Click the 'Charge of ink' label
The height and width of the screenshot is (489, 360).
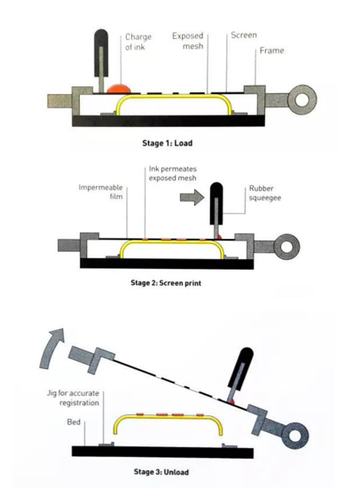coord(138,42)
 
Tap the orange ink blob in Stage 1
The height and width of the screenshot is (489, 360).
coord(119,88)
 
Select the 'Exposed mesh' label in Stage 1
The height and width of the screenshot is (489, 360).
coord(188,41)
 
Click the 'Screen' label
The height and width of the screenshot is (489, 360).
coord(244,35)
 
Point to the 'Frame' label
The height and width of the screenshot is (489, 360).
coord(272,51)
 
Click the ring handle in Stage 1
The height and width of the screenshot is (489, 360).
coord(302,100)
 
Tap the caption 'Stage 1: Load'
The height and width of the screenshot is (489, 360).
coord(167,143)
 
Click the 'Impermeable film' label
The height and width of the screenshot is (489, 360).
coord(101,192)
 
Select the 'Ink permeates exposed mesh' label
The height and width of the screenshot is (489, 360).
coord(173,173)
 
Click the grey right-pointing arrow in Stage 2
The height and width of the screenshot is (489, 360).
coord(192,197)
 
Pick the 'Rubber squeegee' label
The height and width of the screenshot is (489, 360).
coord(265,193)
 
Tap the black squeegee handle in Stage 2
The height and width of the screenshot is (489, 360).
coord(216,203)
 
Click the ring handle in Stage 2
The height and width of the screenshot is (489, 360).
coord(286,247)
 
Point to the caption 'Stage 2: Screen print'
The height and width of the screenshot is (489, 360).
coord(166,283)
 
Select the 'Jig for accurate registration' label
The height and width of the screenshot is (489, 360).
coord(73,398)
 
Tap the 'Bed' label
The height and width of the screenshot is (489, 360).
coord(74,422)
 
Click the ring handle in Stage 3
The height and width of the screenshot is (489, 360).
coord(293,436)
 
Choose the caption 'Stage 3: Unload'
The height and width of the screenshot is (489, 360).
coord(161,472)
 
